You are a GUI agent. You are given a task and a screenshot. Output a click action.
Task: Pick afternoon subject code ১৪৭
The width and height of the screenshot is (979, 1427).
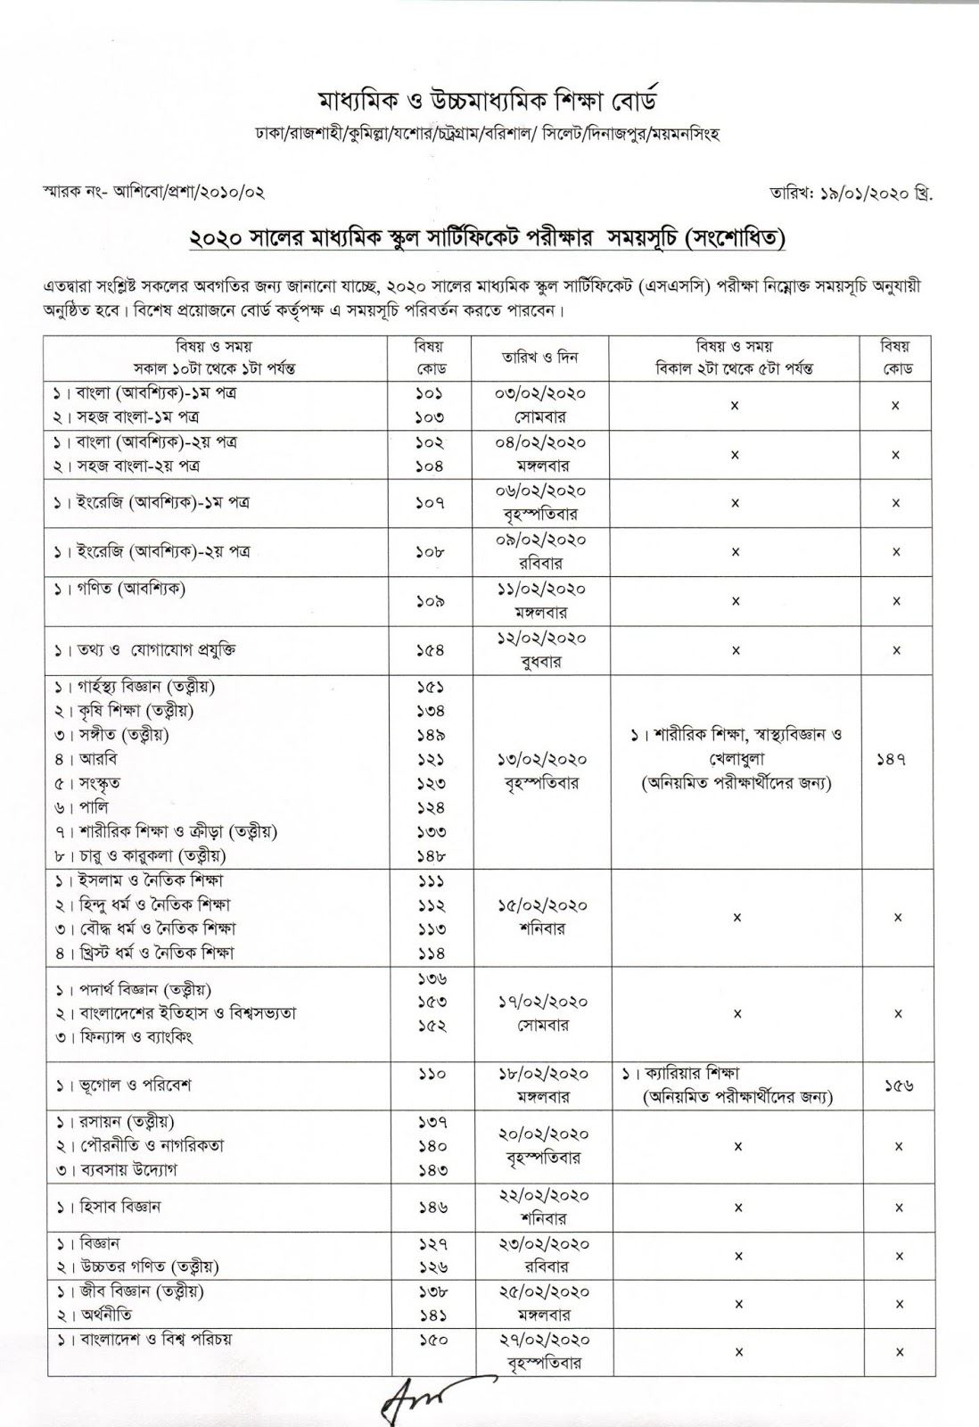point(895,759)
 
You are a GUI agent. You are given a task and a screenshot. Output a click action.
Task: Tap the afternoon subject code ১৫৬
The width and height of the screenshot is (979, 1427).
point(895,1085)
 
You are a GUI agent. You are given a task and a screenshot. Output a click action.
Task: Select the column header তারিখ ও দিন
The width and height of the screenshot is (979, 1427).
point(540,357)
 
